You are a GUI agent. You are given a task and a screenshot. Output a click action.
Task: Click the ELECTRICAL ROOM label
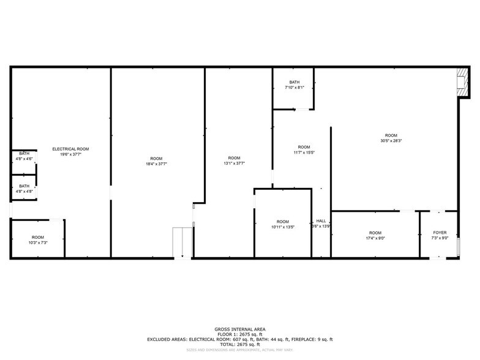coord(71,149)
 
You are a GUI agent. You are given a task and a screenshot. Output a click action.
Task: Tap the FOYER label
coord(440,233)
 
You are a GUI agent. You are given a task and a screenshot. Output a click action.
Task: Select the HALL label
coord(321,221)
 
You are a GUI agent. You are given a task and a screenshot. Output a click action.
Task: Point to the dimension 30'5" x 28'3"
coord(391,141)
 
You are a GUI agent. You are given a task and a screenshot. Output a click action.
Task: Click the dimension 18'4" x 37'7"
coord(156,164)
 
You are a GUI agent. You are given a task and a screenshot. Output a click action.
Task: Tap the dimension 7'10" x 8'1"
coord(294,88)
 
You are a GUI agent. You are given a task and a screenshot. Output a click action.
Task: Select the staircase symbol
coord(182,242)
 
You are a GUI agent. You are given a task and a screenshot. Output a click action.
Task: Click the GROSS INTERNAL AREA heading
coord(239,329)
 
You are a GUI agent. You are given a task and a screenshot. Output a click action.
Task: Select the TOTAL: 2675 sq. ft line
coord(239,344)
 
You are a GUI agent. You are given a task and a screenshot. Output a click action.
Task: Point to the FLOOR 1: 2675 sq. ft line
coord(239,334)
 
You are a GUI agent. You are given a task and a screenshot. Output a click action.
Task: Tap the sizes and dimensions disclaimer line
coord(239,350)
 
